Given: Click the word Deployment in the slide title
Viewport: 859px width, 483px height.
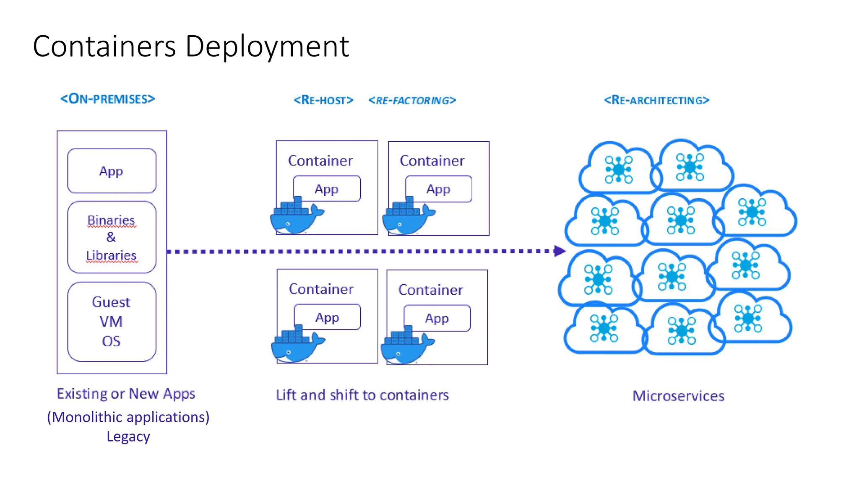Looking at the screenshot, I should pos(267,46).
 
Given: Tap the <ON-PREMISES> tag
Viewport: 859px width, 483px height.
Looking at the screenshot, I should pos(108,99).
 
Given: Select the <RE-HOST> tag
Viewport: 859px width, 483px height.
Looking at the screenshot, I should pos(323,100).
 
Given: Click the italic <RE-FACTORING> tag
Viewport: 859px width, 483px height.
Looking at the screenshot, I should pos(412,101).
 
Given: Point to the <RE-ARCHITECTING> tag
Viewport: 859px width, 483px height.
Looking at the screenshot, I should pos(656,100).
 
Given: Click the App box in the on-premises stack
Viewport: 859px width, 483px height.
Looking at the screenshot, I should pos(112,171).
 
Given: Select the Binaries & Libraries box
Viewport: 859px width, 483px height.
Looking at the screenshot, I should pos(112,237).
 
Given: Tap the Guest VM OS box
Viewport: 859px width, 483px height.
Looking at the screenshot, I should pos(112,322).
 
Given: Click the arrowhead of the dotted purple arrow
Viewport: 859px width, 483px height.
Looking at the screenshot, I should pos(560,251).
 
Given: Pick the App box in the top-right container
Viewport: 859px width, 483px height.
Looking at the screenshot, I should pos(438,189).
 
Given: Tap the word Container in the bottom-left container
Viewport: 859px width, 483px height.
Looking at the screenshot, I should pos(321,289).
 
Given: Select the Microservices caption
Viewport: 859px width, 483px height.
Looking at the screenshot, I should pos(678,396).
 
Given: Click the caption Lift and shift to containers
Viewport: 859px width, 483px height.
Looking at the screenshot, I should pos(362,395).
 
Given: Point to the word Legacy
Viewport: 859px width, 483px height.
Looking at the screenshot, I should pos(128,436).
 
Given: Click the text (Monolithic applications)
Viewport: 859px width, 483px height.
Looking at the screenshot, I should pos(128,417).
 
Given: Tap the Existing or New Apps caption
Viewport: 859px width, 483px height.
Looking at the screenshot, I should pos(126,394).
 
